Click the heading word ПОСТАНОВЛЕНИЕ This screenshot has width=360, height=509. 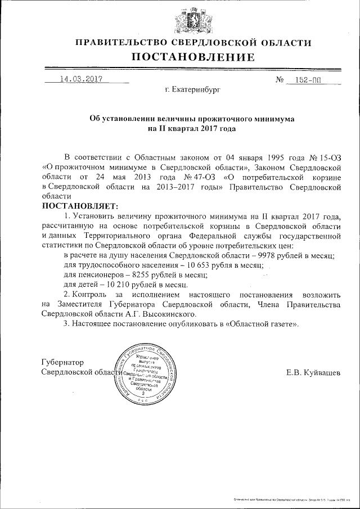point(193,57)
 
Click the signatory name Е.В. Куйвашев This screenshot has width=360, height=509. point(313,372)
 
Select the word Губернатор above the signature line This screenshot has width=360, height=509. point(62,362)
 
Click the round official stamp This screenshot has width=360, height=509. point(145,372)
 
